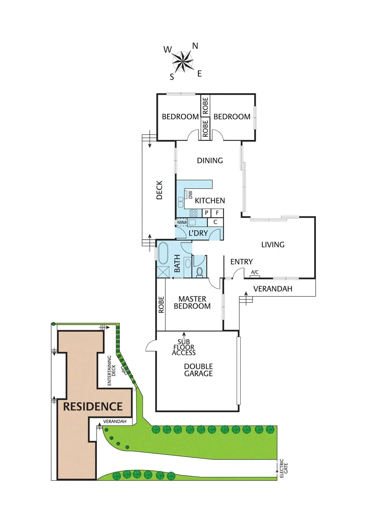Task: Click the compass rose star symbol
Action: tap(183, 61)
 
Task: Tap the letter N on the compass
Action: tap(195, 46)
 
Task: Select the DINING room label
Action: tap(210, 161)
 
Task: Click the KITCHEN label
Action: tap(210, 201)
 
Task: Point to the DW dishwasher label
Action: tap(190, 195)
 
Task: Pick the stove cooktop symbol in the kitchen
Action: tap(194, 213)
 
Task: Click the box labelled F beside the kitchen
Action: tap(217, 213)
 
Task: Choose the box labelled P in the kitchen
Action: tap(207, 213)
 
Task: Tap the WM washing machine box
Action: tap(182, 223)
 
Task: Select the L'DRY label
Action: tap(198, 233)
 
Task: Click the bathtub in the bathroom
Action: tap(163, 253)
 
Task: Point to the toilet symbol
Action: tap(199, 271)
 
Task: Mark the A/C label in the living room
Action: tap(255, 272)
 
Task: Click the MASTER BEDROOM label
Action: tap(192, 303)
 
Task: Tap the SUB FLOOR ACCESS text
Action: tap(184, 347)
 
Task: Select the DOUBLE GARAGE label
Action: tap(198, 370)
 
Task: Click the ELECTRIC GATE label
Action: tap(284, 468)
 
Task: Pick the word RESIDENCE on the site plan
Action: tap(93, 407)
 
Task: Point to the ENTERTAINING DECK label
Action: tap(111, 371)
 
